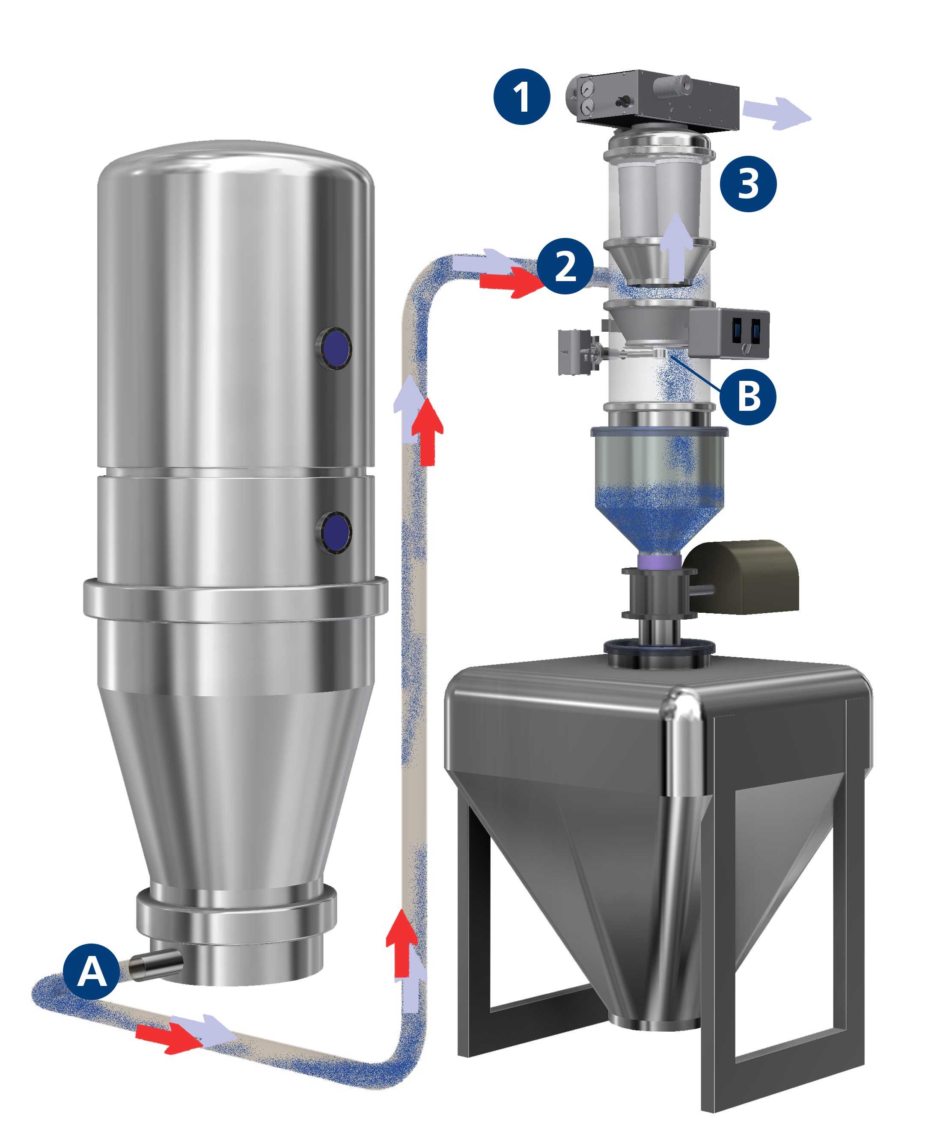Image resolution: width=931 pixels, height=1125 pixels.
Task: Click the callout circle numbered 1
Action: point(521,97)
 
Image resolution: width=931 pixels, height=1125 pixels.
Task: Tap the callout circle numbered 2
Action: point(565,266)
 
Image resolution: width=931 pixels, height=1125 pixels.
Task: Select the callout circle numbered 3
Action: point(748,184)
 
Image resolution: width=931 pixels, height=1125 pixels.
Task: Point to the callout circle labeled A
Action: point(92,971)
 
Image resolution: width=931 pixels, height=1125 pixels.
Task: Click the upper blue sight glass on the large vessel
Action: point(334,348)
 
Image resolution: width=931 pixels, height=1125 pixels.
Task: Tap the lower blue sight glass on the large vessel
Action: point(334,532)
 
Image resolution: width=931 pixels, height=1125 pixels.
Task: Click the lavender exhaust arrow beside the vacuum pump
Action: point(776,113)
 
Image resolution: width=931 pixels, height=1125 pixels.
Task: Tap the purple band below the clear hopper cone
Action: point(659,561)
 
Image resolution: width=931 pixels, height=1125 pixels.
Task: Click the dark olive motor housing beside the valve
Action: point(743,576)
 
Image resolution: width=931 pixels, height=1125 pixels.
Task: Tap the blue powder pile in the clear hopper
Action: point(659,517)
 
